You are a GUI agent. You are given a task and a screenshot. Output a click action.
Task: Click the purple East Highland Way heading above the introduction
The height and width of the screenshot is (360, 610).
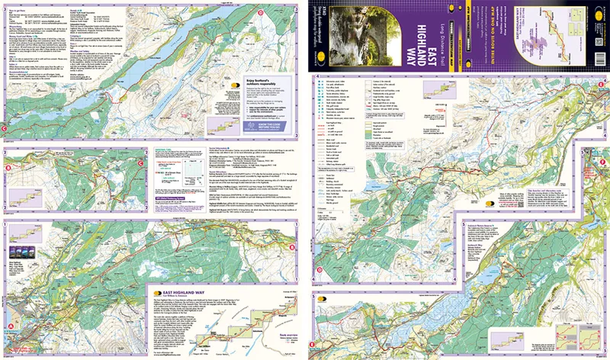pos(178,292)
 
